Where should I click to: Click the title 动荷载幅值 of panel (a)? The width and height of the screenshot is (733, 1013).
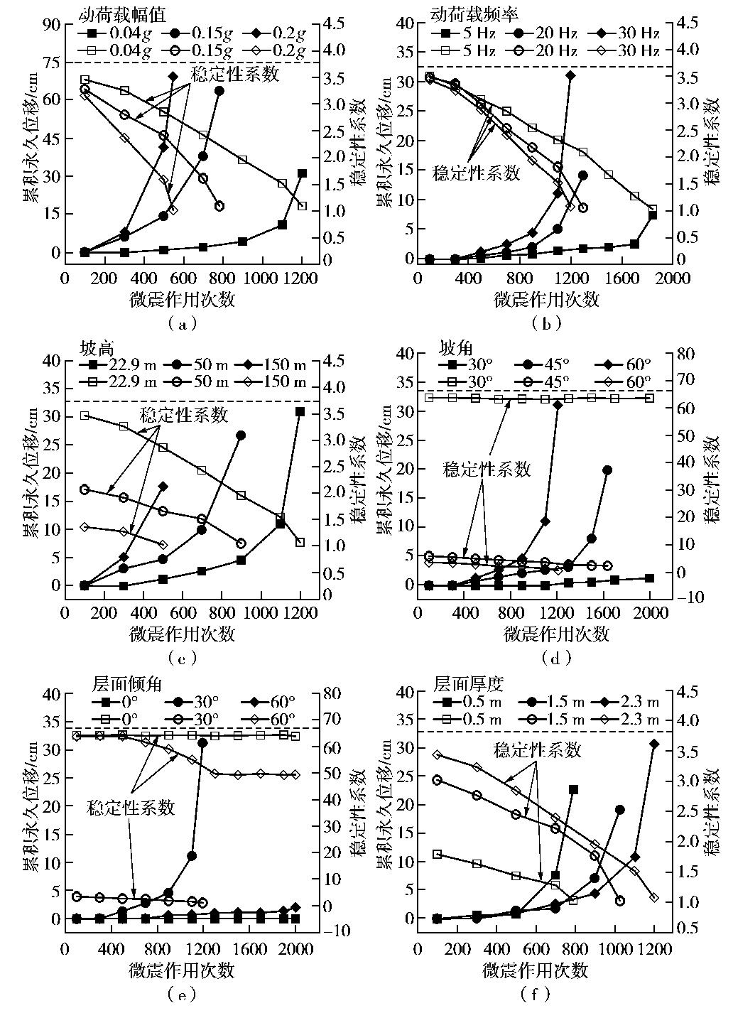(112, 14)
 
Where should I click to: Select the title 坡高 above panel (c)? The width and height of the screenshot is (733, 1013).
(97, 349)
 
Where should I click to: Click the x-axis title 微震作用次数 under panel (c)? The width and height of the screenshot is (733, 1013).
(183, 632)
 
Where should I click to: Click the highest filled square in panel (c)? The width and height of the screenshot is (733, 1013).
(300, 411)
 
